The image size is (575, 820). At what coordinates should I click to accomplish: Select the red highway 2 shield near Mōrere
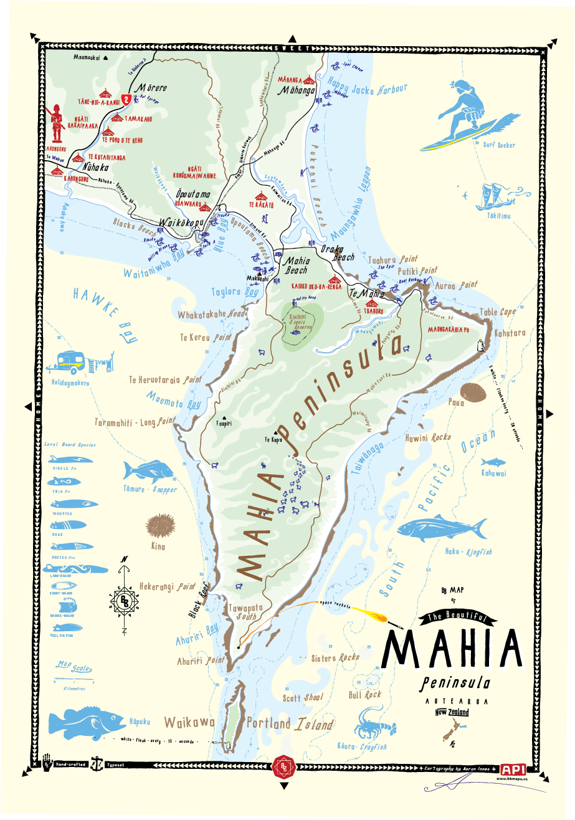pos(126,98)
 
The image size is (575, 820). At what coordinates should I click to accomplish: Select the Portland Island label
pos(290,724)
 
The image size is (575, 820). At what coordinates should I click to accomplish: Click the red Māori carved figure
pos(58,122)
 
